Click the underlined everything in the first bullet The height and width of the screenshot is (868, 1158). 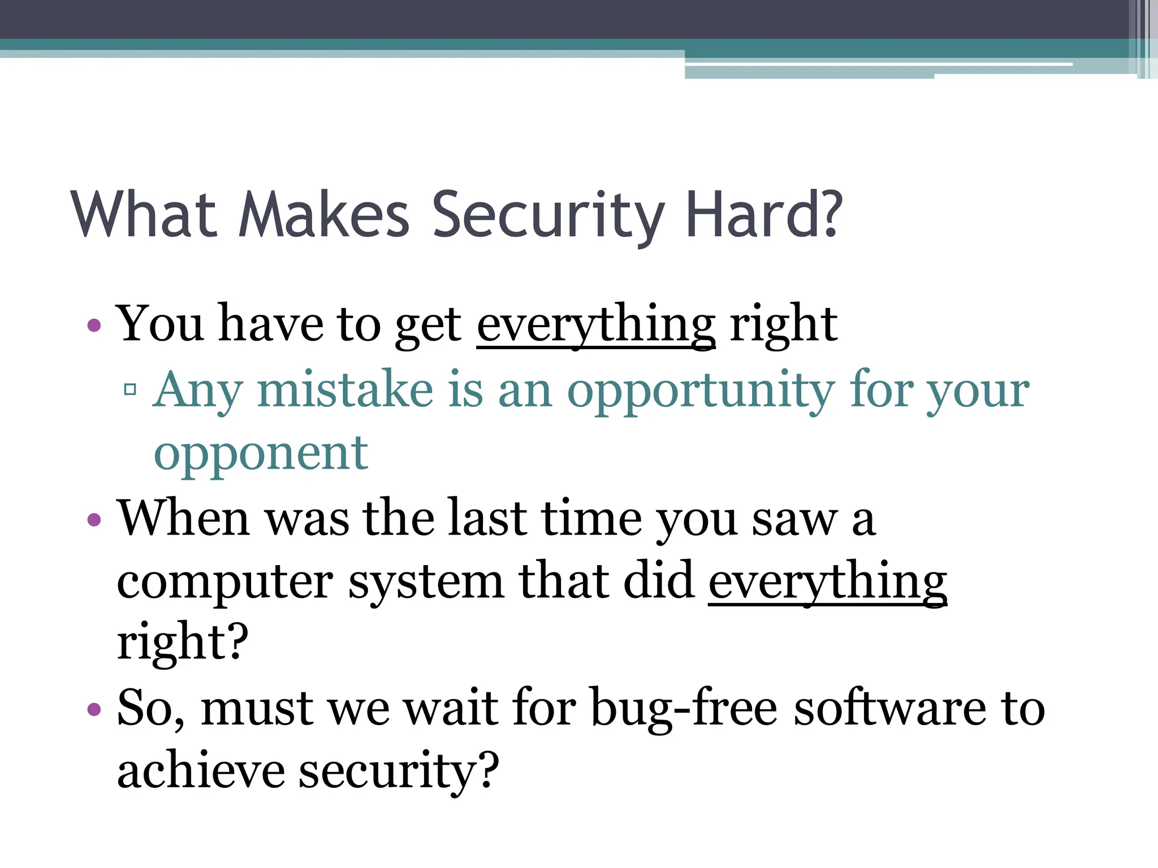point(596,325)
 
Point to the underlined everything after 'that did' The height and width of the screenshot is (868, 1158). point(827,582)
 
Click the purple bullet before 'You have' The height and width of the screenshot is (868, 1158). point(94,325)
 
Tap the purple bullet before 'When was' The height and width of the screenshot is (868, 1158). point(94,519)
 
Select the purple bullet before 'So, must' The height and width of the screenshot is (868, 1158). point(94,709)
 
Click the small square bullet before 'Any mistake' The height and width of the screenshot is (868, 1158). point(130,389)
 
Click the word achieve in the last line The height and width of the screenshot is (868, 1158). point(200,771)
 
